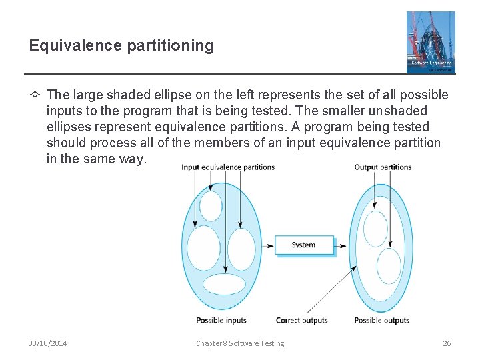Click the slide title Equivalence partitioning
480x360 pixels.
coord(121,45)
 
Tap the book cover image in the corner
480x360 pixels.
coord(431,42)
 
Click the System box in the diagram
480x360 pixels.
coord(303,245)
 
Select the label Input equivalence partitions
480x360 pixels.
coord(228,167)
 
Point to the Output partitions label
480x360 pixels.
coord(383,167)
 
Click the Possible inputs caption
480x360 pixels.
coord(221,320)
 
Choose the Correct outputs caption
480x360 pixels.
coord(301,320)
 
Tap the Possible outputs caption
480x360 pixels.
coord(382,320)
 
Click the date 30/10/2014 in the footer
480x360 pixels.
coord(47,343)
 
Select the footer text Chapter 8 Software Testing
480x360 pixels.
coord(240,343)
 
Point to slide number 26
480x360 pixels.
coord(447,343)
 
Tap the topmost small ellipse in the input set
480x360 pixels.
coord(211,206)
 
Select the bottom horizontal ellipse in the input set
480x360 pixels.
coord(224,284)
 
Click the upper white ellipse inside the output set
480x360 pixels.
coord(375,229)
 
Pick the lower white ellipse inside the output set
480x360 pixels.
coord(388,266)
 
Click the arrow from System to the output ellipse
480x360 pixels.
coord(340,245)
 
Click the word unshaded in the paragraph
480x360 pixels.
coord(375,111)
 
